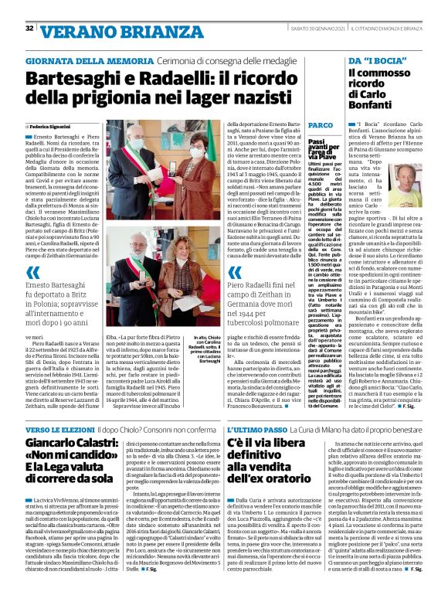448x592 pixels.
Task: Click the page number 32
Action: [x=29, y=29]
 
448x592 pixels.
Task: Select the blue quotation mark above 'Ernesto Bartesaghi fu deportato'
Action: [x=32, y=273]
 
